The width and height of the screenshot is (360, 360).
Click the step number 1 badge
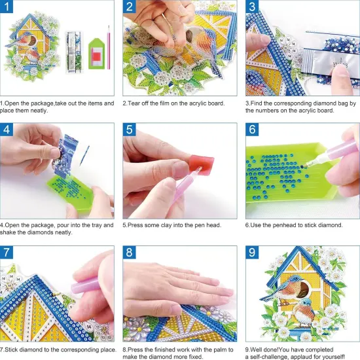tap(8, 8)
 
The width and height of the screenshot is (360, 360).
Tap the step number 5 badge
tap(131, 130)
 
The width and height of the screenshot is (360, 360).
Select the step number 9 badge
tap(253, 253)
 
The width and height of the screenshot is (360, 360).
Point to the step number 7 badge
tap(8, 253)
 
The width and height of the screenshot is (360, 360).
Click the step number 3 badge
tap(253, 8)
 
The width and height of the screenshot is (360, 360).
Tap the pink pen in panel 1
tap(109, 47)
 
